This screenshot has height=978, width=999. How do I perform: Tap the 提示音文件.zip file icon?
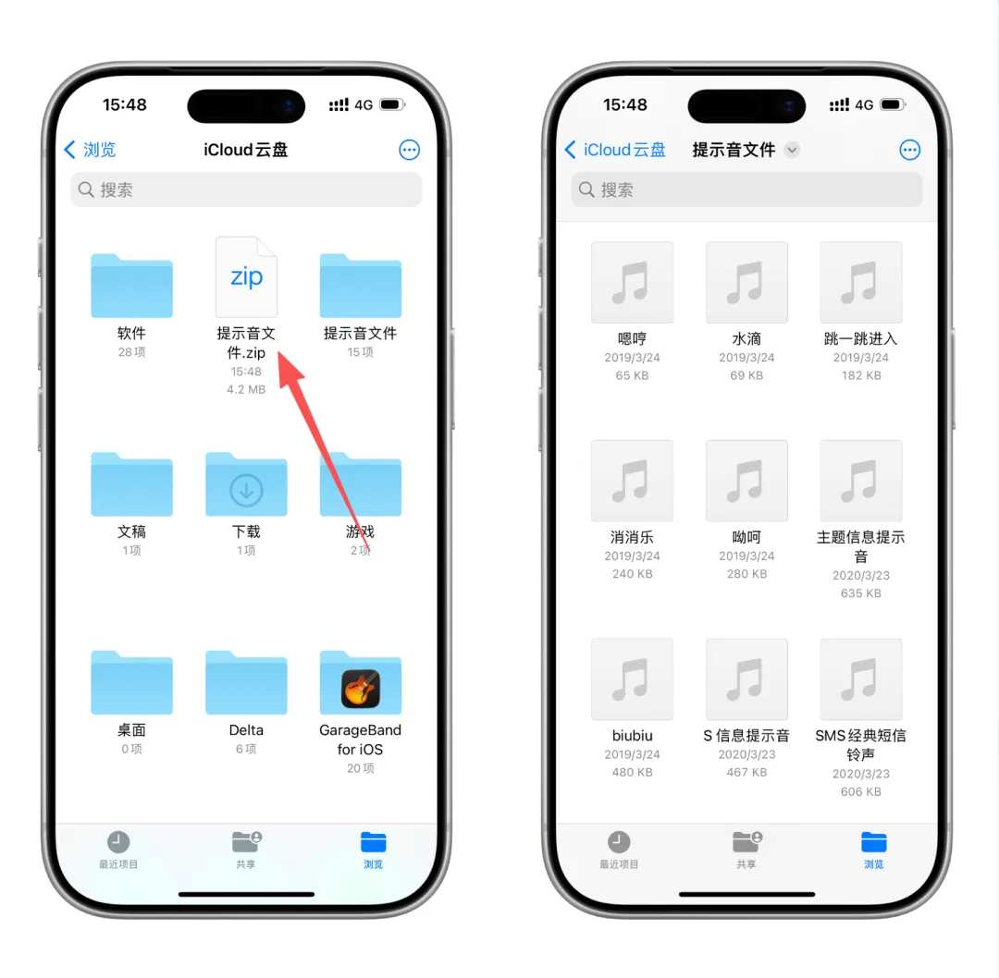[246, 277]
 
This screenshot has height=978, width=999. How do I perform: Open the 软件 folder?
[132, 286]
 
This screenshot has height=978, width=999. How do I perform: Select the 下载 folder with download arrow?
[246, 483]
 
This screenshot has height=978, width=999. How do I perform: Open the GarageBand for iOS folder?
[361, 682]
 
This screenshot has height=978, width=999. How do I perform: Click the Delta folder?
[246, 682]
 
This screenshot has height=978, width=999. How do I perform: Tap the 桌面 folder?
[132, 682]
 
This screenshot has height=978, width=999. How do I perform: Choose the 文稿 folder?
[132, 483]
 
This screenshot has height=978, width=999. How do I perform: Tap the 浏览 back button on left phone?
[90, 150]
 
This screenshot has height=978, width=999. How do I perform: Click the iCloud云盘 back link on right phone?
[615, 150]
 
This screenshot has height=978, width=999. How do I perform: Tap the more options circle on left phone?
[409, 150]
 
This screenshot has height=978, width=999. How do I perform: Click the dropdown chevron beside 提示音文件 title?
[792, 150]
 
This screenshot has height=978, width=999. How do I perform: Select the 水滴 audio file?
[746, 282]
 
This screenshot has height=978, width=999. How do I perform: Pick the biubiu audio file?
[632, 679]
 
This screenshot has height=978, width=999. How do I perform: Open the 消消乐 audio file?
[632, 481]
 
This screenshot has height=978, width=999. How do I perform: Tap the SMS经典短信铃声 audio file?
[861, 679]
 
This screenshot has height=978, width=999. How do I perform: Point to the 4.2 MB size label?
[246, 390]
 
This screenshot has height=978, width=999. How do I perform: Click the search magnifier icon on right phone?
[586, 189]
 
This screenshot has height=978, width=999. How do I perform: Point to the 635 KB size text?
[861, 593]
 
